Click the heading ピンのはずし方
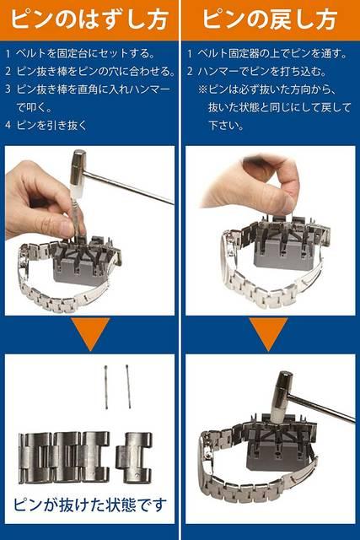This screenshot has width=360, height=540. (89, 19)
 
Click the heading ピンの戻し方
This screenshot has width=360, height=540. (270, 19)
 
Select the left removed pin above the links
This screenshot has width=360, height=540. (106, 386)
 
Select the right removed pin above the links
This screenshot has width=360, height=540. (128, 386)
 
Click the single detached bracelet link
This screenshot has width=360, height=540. (133, 457)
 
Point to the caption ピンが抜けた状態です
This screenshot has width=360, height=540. (90, 505)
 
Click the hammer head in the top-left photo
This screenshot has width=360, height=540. (78, 168)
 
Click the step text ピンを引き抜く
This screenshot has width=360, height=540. (52, 125)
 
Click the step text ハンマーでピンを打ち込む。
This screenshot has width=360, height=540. (262, 71)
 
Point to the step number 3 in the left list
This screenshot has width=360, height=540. (8, 89)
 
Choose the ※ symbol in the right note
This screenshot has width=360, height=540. (202, 89)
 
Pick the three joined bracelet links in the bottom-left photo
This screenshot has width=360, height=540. (65, 457)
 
